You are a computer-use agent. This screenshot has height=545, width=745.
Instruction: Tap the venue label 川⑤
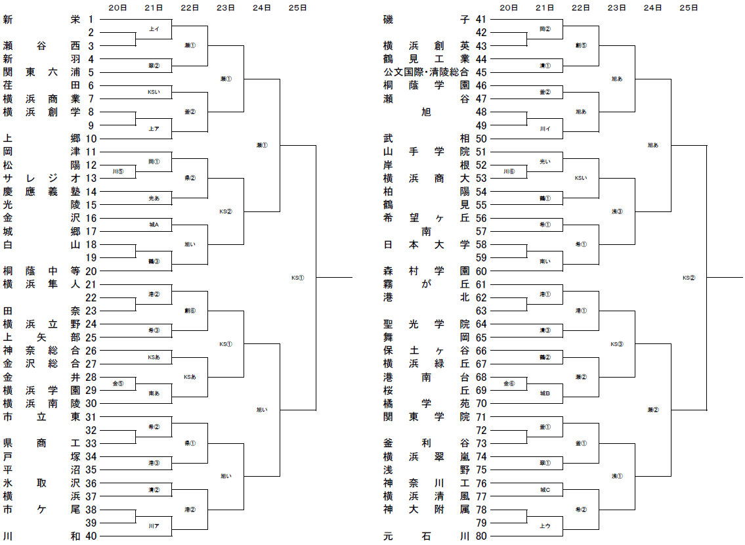(118, 171)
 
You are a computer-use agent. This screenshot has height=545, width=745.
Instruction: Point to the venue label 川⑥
(509, 171)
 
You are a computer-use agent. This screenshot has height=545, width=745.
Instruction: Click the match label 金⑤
(118, 383)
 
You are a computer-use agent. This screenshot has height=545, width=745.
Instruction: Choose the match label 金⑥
(509, 383)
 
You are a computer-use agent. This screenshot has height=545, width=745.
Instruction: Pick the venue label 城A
(154, 225)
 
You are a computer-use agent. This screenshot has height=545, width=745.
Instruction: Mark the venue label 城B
(545, 393)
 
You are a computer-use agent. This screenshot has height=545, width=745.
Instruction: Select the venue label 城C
(545, 489)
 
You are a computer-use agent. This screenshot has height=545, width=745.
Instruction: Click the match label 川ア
(154, 525)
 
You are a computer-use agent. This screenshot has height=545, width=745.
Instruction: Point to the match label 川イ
(545, 128)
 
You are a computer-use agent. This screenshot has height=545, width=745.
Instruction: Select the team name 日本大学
(427, 244)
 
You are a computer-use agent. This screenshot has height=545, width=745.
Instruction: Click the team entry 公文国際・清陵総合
(427, 72)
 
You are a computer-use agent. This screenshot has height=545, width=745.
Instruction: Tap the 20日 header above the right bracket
(509, 8)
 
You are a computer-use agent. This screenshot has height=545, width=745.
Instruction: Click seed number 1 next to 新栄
(91, 20)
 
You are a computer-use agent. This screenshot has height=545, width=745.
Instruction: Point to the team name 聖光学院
(427, 324)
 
